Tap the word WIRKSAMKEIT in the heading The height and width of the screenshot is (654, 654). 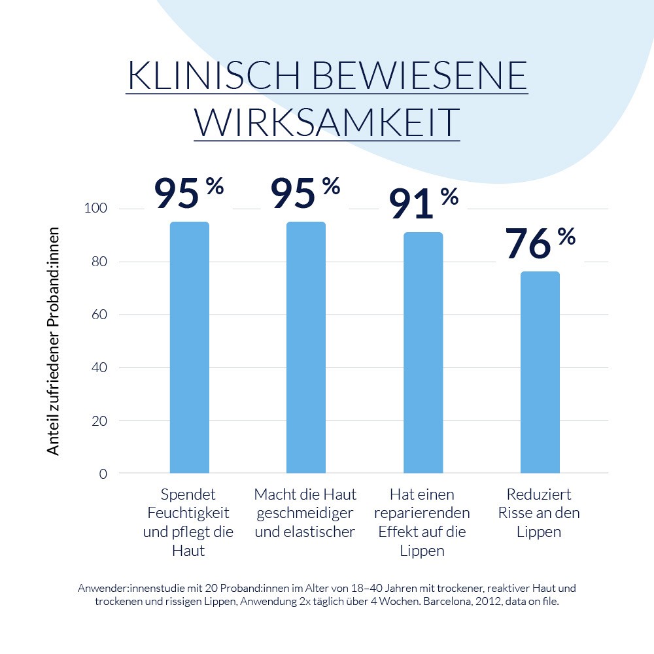click(x=326, y=122)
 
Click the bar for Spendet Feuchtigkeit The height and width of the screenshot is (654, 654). click(x=190, y=347)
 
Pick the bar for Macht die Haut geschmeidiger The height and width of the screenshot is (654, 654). click(x=306, y=347)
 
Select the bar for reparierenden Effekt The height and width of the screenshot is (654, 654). click(x=423, y=353)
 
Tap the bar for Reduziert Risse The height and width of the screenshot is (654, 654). click(x=540, y=372)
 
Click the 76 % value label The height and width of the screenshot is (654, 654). click(x=540, y=243)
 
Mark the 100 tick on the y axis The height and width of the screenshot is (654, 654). click(x=95, y=209)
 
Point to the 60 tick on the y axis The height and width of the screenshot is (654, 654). click(x=99, y=315)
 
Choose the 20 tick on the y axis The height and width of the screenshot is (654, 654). click(x=99, y=421)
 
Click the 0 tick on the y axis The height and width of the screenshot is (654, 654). click(x=103, y=473)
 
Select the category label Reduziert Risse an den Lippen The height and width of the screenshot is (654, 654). click(x=538, y=513)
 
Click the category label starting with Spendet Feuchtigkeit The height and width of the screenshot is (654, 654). click(x=188, y=522)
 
